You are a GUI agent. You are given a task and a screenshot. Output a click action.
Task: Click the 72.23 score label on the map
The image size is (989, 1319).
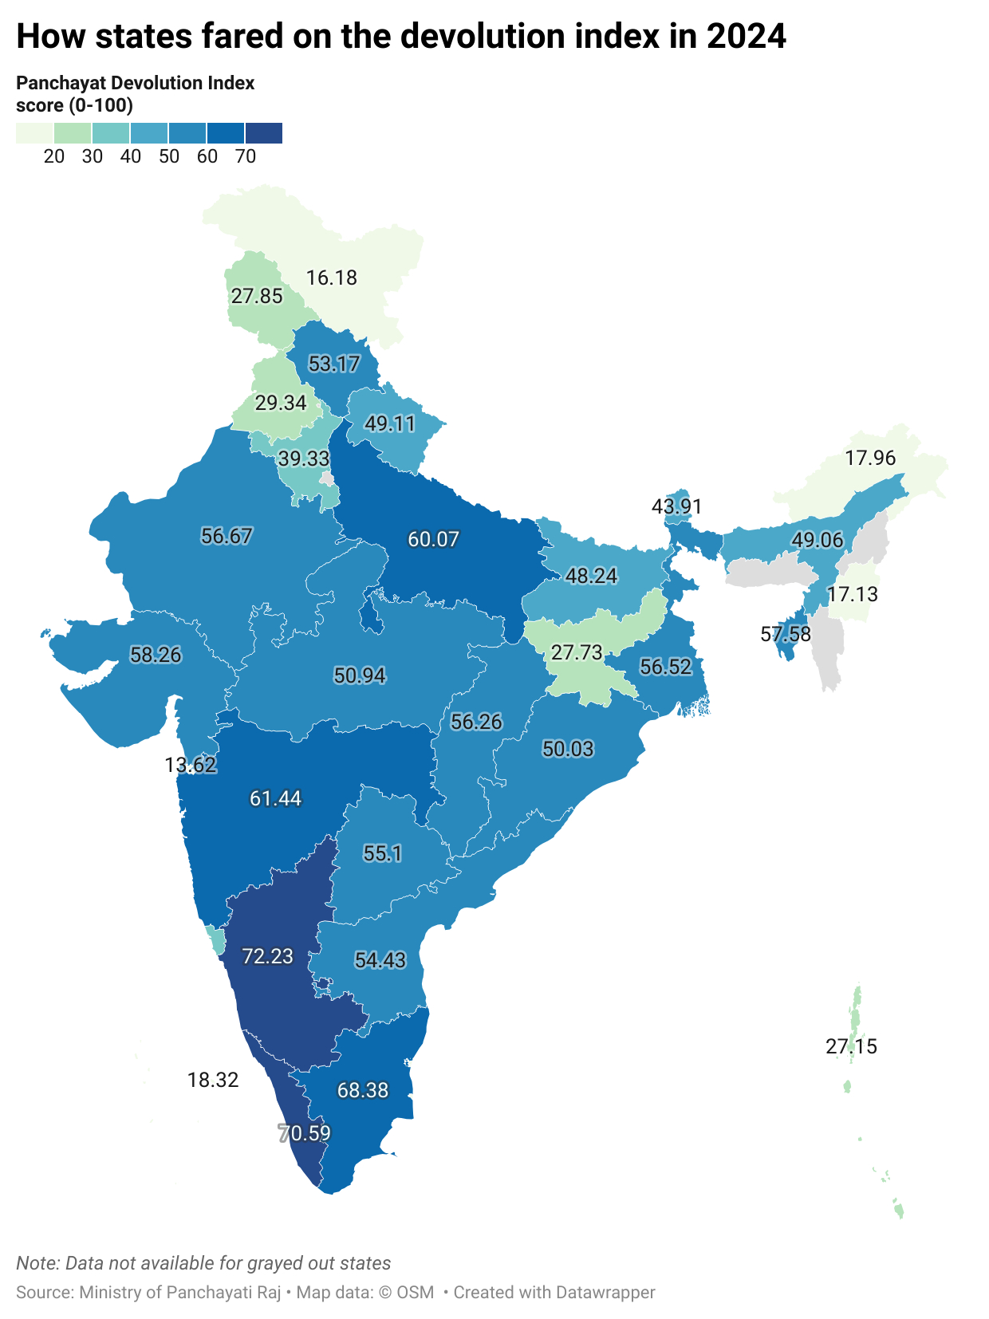point(267,955)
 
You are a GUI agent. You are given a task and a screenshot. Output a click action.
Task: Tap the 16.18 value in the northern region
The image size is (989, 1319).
point(332,278)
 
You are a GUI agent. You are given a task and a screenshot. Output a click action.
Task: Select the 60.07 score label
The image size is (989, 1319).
point(433,539)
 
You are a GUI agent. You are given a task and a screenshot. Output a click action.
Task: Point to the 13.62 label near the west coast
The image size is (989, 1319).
point(191,765)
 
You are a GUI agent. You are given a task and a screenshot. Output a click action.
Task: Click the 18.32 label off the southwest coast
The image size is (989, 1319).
point(213,1080)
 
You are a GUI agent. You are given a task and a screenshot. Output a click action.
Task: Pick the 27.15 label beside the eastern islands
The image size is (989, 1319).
point(851,1046)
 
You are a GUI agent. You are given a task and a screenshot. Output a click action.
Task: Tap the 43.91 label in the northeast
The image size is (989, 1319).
point(676,506)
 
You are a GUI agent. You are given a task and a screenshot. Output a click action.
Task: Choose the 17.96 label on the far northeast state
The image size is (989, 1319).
point(870,458)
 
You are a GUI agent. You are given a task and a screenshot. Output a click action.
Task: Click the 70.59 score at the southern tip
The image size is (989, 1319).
point(305,1133)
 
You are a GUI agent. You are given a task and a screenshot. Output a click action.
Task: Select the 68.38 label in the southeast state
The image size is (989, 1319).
point(363,1090)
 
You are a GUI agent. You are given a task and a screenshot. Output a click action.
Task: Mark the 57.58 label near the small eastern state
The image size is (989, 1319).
point(786,634)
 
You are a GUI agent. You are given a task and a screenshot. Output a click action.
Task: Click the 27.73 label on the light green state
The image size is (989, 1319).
point(577,652)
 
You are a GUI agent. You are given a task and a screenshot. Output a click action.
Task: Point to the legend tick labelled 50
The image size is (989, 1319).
point(168,156)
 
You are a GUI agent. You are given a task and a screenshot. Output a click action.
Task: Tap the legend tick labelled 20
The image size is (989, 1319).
point(54,156)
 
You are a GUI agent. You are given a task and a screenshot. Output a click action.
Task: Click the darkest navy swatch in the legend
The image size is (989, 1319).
point(264,133)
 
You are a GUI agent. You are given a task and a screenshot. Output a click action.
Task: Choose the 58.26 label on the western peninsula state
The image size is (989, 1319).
point(156,655)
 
